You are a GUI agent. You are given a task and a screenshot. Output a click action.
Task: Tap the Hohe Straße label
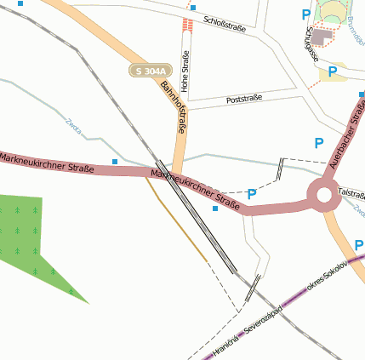pyautogui.click(x=185, y=71)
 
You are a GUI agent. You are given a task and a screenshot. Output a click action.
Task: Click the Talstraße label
pyautogui.click(x=351, y=192)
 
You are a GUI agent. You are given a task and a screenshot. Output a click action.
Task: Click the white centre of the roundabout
pyautogui.click(x=323, y=195)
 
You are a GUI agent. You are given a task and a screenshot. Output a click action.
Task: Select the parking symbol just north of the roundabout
pyautogui.click(x=319, y=144)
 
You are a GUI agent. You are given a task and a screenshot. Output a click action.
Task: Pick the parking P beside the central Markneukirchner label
pyautogui.click(x=252, y=195)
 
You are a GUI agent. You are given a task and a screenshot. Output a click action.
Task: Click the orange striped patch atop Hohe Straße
pyautogui.click(x=188, y=26)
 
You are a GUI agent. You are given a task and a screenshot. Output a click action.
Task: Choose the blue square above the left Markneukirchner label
pyautogui.click(x=115, y=161)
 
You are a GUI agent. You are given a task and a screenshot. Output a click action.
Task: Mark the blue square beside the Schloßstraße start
pyautogui.click(x=194, y=9)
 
